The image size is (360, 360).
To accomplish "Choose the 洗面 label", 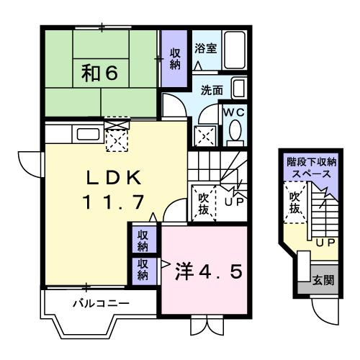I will tap(212, 91).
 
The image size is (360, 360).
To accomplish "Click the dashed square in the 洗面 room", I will tap(205, 135).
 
